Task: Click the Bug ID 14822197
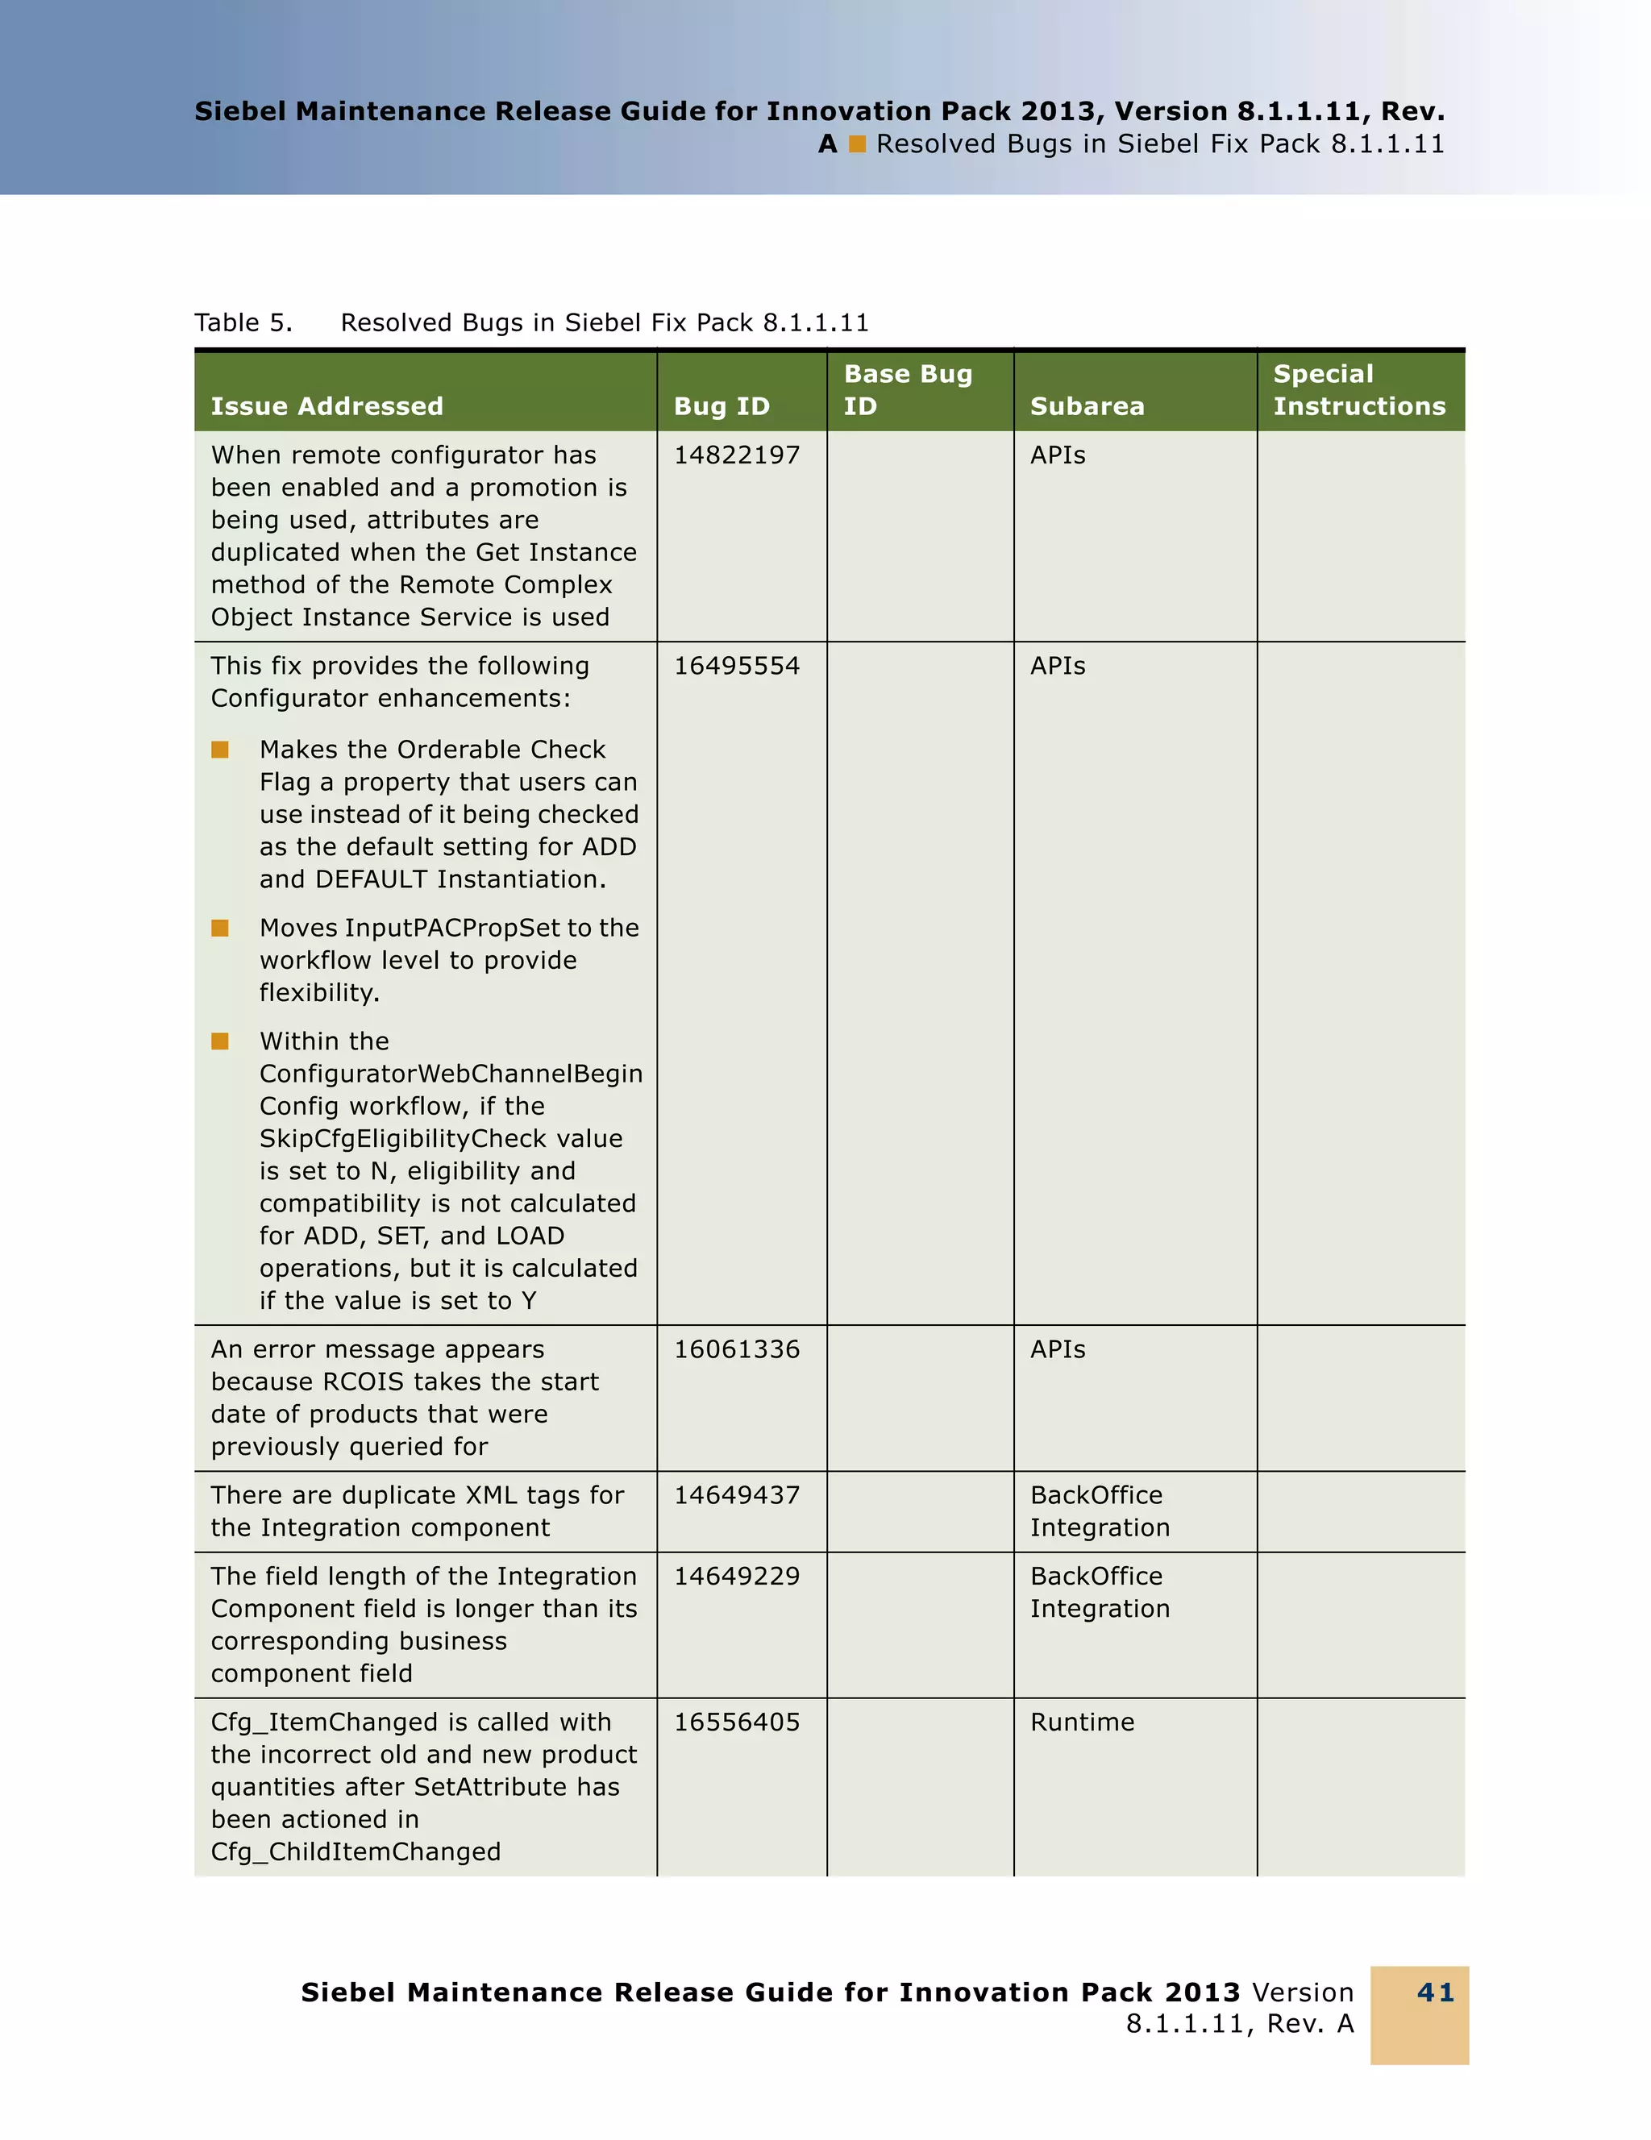click(737, 455)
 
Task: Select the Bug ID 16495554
click(737, 667)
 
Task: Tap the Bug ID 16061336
click(737, 1349)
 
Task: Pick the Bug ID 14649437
click(737, 1495)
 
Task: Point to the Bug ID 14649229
click(737, 1577)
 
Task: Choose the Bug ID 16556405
click(737, 1722)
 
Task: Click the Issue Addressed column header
click(327, 406)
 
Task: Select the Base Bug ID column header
click(907, 390)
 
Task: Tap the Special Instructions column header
click(1359, 390)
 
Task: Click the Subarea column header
click(1087, 406)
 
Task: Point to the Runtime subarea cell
click(1082, 1722)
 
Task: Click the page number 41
click(1436, 1993)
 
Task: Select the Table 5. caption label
click(243, 323)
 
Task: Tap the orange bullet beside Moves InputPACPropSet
click(220, 928)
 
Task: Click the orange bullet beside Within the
click(220, 1041)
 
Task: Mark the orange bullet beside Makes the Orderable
click(220, 750)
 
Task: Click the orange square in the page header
click(858, 145)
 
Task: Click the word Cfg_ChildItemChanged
click(356, 1852)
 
